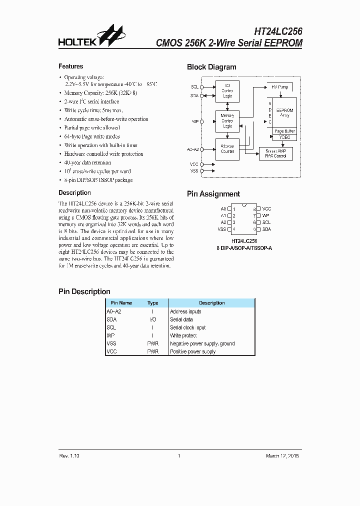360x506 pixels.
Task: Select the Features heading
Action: click(71, 66)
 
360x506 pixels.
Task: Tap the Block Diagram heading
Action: click(211, 67)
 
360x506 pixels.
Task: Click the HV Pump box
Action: click(280, 87)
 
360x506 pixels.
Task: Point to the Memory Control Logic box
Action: click(227, 121)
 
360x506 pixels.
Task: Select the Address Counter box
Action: click(227, 148)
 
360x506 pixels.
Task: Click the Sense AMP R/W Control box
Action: click(276, 153)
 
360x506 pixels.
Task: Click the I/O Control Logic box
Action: click(227, 90)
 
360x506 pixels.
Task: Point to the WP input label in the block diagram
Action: click(195, 121)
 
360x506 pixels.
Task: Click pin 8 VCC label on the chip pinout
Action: click(266, 208)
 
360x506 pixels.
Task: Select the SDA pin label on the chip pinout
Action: click(266, 229)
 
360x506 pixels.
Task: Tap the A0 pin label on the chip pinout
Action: click(223, 208)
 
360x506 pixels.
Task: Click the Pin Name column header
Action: click(121, 303)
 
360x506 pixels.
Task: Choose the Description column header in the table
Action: click(211, 303)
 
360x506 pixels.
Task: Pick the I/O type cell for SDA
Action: click(152, 319)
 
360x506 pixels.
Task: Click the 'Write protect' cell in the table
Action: click(183, 335)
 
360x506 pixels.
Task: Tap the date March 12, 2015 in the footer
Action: click(283, 456)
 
